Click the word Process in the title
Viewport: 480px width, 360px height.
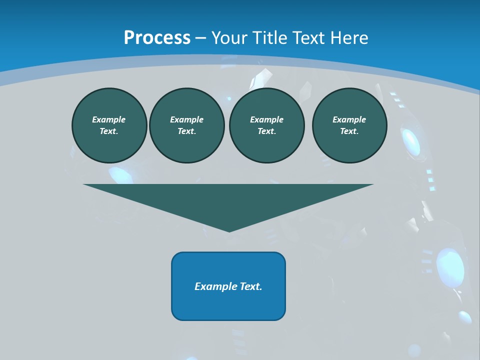157,38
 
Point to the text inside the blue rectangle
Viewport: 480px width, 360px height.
228,286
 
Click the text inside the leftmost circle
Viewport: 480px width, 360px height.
109,125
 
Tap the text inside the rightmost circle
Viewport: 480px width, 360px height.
349,125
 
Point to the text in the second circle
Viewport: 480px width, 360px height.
187,125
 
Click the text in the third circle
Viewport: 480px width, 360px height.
267,125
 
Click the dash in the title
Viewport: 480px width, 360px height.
201,38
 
